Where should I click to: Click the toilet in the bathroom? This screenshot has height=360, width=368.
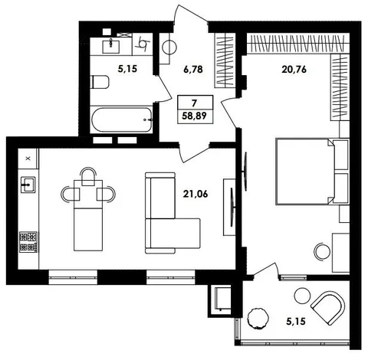click(100, 82)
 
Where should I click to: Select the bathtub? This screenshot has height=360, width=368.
click(122, 119)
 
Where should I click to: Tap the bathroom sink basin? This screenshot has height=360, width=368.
click(110, 46)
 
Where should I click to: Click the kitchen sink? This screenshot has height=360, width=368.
click(28, 185)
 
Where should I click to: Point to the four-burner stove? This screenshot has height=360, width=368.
click(28, 242)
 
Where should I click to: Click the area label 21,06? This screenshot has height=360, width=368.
click(195, 194)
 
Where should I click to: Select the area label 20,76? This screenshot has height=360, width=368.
click(294, 69)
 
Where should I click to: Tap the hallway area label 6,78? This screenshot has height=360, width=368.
click(193, 69)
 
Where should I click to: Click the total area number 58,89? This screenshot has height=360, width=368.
click(194, 116)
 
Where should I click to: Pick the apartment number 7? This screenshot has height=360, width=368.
click(194, 103)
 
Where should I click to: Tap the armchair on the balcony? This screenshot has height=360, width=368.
click(328, 309)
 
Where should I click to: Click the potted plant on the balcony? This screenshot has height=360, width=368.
click(258, 319)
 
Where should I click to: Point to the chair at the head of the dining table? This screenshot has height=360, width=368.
click(88, 176)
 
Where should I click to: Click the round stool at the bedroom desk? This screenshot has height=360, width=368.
click(322, 251)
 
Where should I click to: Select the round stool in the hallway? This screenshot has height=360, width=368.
click(169, 47)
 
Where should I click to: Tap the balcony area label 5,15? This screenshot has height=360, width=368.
click(296, 322)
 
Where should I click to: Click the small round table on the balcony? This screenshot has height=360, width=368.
click(302, 296)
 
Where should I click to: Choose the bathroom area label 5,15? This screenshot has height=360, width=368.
click(127, 69)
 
